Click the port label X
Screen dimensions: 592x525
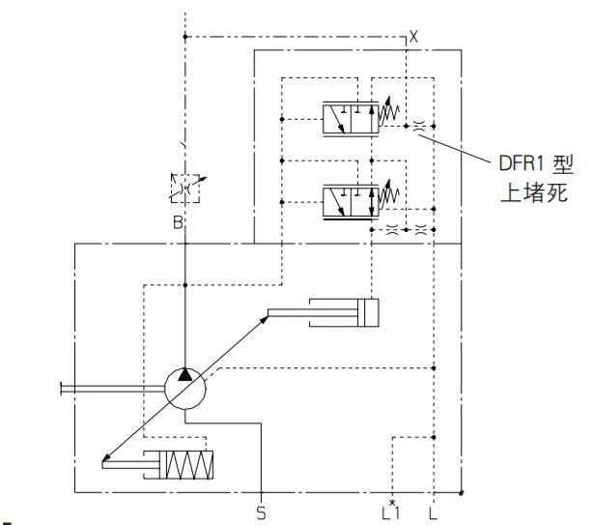pos(413,37)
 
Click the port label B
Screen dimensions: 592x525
pos(178,222)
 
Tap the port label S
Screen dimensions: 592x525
pos(262,512)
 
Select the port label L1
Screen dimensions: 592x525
pos(390,512)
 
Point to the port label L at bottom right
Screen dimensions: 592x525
pos(433,512)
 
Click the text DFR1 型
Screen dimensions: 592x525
pos(536,164)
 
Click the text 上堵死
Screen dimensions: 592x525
pos(534,192)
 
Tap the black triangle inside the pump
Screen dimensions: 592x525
pos(185,374)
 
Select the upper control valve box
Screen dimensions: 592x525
pos(351,119)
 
